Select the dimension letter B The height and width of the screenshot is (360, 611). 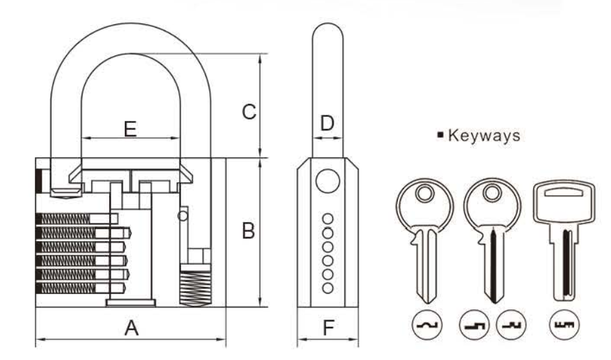tap(248, 231)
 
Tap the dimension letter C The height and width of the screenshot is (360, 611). tap(248, 111)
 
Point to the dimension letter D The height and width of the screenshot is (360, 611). tap(327, 124)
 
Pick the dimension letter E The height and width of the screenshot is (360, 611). tap(131, 128)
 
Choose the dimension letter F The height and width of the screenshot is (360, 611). tap(328, 328)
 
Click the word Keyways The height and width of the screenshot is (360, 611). tap(485, 136)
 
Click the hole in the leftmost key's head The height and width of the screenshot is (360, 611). tap(423, 194)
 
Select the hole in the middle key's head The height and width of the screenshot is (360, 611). tap(494, 194)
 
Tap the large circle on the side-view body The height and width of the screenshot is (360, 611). tap(327, 180)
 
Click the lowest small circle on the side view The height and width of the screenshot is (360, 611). tap(327, 288)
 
